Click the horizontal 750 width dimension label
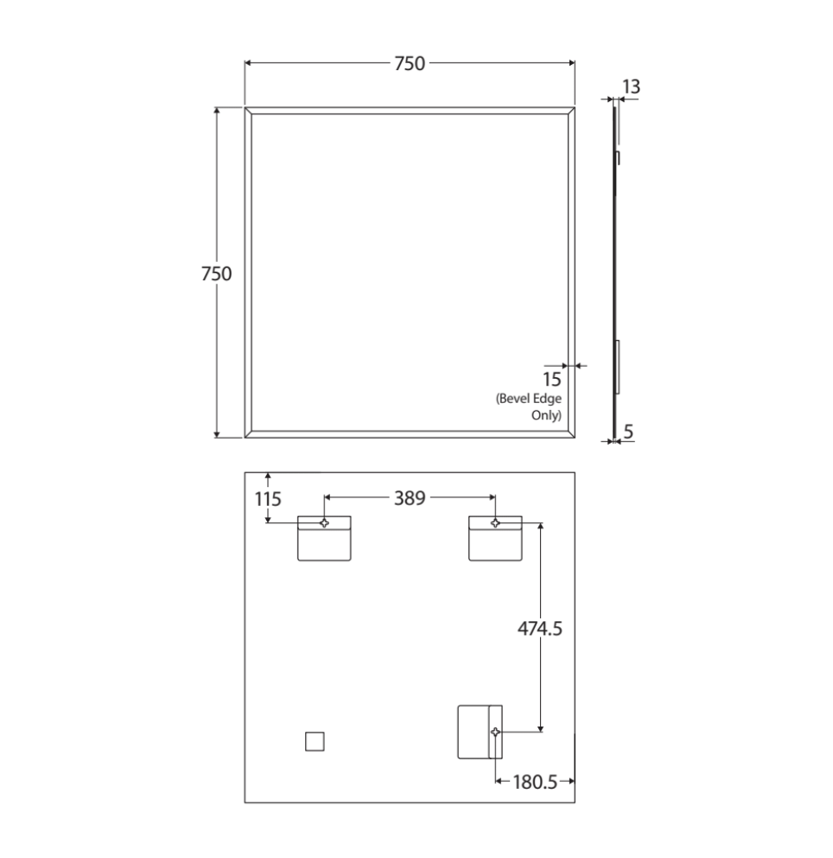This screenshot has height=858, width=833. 410,63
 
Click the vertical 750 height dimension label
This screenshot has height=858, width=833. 216,273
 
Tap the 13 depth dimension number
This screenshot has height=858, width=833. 631,86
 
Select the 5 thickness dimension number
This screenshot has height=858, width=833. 628,432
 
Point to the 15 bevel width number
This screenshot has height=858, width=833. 551,379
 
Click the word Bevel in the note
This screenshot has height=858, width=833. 515,399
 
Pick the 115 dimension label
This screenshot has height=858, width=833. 268,499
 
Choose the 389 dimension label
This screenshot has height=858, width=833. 410,498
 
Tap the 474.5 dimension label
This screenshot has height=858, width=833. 539,629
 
